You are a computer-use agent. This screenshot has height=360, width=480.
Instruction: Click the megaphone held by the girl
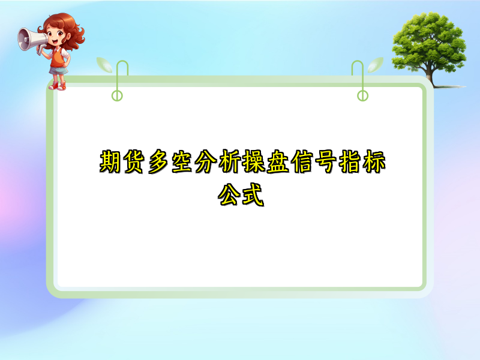[30, 39]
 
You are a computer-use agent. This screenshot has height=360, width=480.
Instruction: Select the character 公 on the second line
[230, 195]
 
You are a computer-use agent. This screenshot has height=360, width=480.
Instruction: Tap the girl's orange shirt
[58, 58]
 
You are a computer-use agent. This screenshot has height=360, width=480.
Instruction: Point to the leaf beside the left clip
[104, 64]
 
